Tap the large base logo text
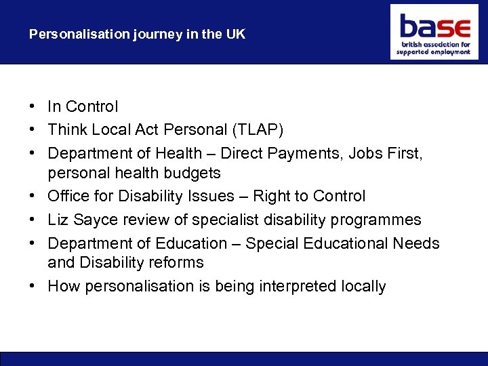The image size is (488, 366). (434, 27)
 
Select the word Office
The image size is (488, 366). (69, 197)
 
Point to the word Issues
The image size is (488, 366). (222, 197)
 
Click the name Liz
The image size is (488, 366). (58, 220)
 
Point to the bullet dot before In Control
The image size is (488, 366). (33, 107)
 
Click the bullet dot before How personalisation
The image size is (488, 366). (33, 286)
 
